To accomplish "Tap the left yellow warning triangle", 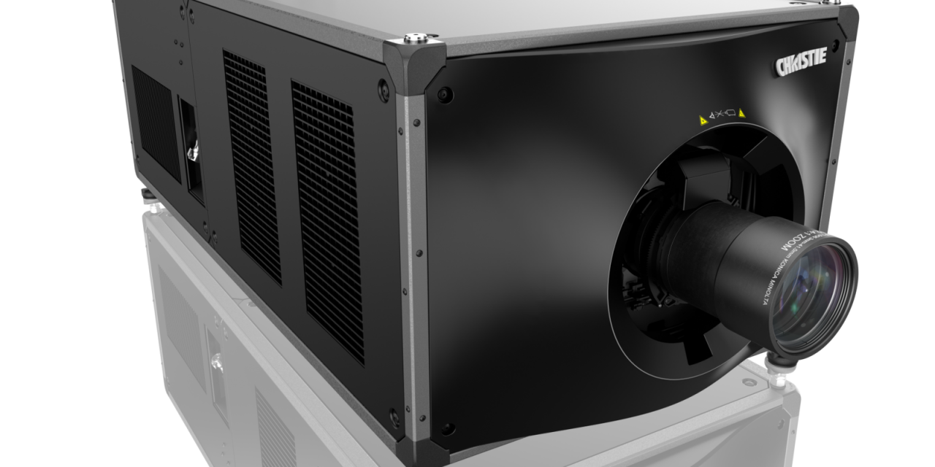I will point(703,118).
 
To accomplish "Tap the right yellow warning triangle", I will point(741,113).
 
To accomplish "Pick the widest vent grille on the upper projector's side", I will point(327,219).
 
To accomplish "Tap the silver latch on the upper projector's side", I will point(193,153).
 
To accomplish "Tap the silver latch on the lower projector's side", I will point(216,361).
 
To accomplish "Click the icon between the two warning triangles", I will point(722,116).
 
